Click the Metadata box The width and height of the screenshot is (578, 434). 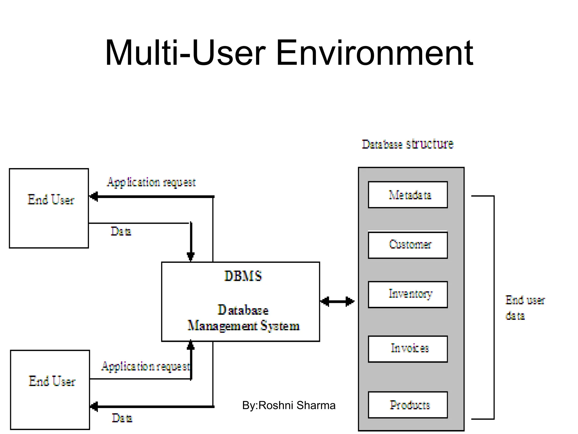pos(408,195)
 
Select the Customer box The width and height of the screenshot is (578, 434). pos(408,245)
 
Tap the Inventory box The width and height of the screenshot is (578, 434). pos(408,294)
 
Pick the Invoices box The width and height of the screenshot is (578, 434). pos(408,349)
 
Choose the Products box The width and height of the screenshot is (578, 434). pos(408,405)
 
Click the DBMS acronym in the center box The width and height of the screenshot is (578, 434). pos(243,276)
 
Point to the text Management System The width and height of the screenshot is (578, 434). pos(243,326)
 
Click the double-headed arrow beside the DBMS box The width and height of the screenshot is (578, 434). pos(337,301)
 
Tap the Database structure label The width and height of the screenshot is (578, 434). pos(408,144)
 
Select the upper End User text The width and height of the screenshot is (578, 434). pos(51,200)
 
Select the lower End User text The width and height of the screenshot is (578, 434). pos(52,381)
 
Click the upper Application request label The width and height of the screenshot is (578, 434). pos(151,182)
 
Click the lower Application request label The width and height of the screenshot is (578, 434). pos(146,366)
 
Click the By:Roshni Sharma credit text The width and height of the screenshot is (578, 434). pos(289,405)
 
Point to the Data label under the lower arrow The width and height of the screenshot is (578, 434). pos(122,418)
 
